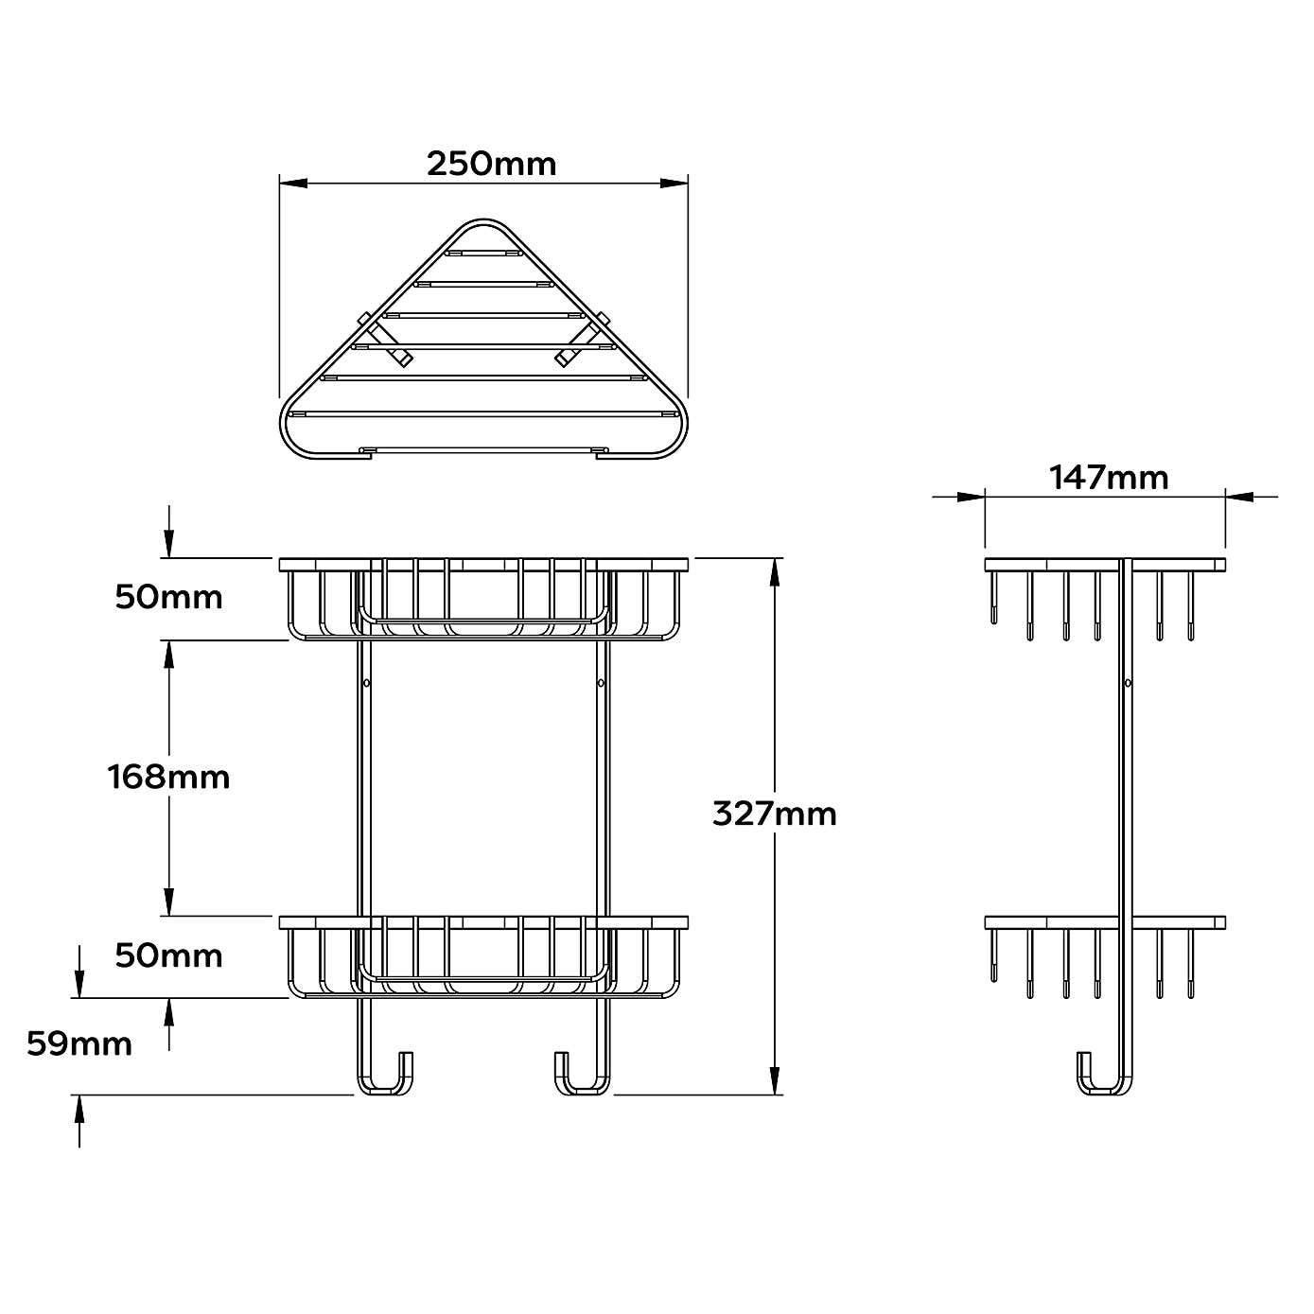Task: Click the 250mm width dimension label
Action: coord(491,164)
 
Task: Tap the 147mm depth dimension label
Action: coord(1108,478)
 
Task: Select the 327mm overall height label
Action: coord(774,814)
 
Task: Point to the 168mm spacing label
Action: coord(168,778)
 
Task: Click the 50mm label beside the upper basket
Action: coord(168,598)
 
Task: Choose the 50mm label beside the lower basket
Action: coord(168,956)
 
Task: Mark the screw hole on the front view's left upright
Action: coord(366,682)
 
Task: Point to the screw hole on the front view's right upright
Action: coord(600,682)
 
